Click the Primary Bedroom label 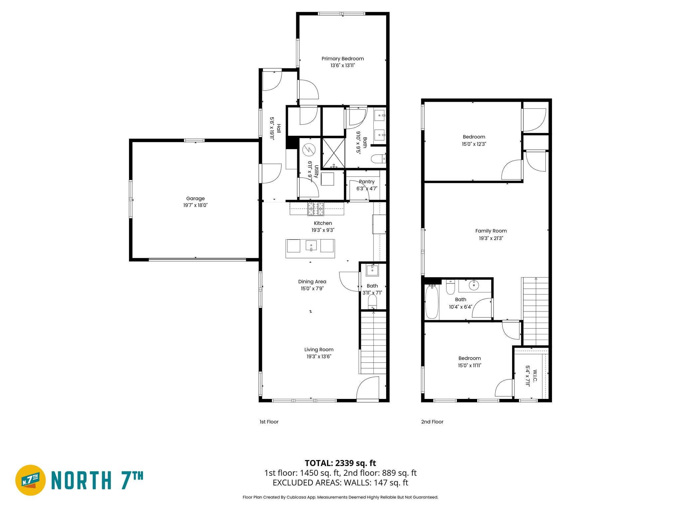(x=342, y=59)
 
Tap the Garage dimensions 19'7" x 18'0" (x=195, y=205)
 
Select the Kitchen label (x=323, y=223)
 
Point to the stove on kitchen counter (x=316, y=209)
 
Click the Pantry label (x=367, y=182)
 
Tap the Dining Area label (x=312, y=281)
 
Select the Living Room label (x=319, y=350)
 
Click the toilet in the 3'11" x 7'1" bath (x=372, y=302)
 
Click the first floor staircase (x=373, y=343)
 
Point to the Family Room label (x=491, y=231)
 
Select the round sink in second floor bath (x=474, y=285)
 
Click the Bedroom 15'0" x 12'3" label (x=474, y=137)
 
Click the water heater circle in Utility (x=309, y=149)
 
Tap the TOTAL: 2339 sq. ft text (x=340, y=463)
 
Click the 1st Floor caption (x=269, y=422)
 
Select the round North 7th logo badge (x=31, y=480)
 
